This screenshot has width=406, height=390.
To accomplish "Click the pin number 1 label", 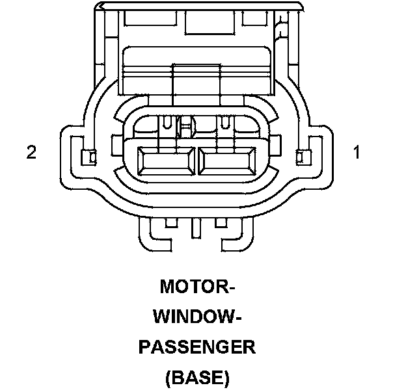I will pos(356,153).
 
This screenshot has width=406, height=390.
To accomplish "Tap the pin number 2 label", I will pos(31,153).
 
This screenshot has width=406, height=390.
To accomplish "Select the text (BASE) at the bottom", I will pos(197,376).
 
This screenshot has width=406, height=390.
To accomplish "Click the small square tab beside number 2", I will pos(90,157).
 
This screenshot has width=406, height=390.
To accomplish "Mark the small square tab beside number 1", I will pos(300,157).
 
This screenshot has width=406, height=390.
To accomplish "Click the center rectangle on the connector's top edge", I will pos(204,21).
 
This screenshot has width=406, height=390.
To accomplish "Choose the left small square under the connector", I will pos(171,223).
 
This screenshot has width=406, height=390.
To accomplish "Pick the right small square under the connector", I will pos(221,223).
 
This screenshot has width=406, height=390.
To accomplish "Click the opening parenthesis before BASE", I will pos(169,377).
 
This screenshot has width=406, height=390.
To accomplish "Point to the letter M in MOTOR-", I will pos(167,286).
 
